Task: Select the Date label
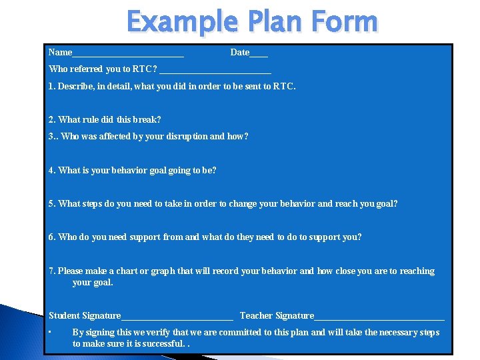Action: tap(239, 52)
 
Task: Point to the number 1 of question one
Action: tap(51, 86)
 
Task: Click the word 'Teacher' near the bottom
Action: tap(256, 315)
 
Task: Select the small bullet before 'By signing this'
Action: tap(51, 332)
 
